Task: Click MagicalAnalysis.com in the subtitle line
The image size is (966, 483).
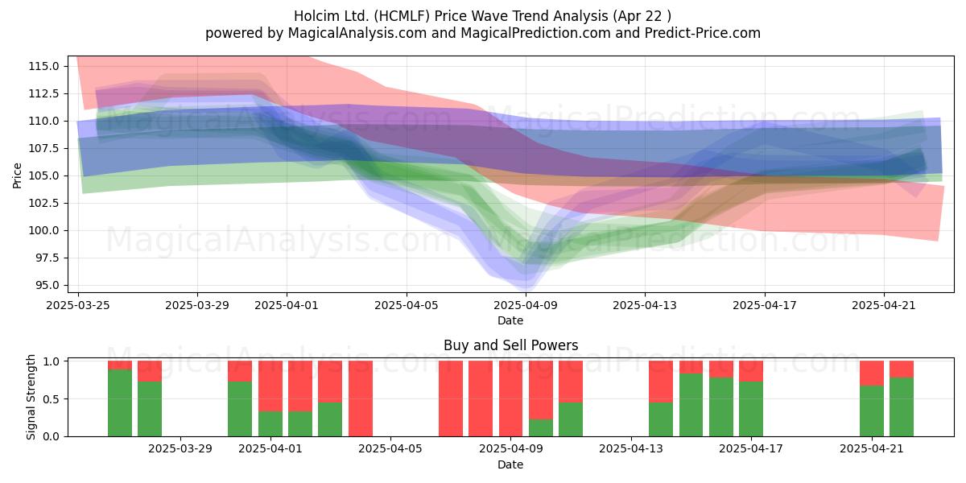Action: tap(357, 33)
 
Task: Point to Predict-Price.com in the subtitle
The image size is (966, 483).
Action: tap(703, 33)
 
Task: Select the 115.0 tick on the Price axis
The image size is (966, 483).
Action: tap(43, 66)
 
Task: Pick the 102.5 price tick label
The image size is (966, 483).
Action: tap(43, 203)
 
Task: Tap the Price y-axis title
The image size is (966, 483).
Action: tap(17, 175)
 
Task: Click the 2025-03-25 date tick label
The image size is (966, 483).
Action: tap(78, 305)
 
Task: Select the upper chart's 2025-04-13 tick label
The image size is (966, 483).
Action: tap(645, 305)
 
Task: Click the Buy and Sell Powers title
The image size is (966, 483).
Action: tap(510, 345)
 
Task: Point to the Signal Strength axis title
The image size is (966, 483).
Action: tap(31, 397)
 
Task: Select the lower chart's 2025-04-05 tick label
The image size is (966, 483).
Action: tap(390, 449)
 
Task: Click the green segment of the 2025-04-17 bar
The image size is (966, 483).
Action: tap(751, 409)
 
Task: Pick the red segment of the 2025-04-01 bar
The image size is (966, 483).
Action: tap(270, 386)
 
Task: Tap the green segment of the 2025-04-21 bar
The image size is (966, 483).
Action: tap(872, 411)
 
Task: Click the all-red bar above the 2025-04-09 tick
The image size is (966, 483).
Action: tap(510, 398)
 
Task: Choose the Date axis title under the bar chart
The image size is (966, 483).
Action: tap(510, 465)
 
